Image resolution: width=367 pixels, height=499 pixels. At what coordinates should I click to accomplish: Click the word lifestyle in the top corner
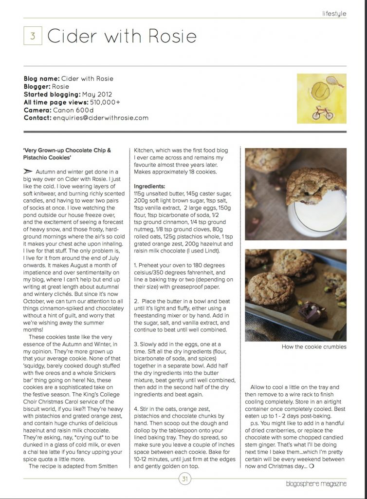334,14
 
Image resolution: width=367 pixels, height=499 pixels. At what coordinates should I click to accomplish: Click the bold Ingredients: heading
150,187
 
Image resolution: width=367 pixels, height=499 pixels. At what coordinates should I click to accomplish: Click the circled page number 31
184,479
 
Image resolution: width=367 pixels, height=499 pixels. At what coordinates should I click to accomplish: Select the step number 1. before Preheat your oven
136,264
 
